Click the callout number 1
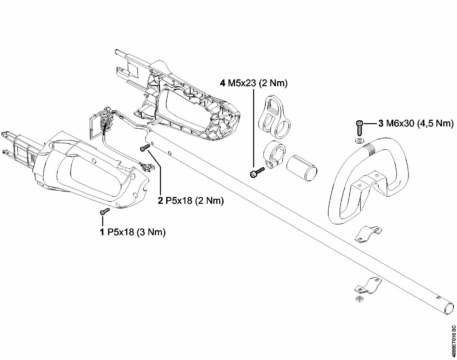point(102,232)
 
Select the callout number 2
point(160,201)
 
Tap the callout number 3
point(381,123)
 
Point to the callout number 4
point(222,83)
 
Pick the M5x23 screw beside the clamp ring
point(257,172)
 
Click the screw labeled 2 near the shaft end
point(145,148)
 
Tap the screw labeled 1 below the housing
point(105,211)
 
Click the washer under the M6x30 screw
point(359,140)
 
